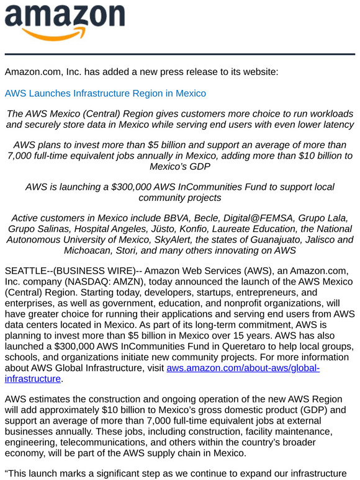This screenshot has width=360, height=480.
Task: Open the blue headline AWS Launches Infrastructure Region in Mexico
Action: (106, 94)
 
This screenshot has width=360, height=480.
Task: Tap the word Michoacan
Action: (88, 250)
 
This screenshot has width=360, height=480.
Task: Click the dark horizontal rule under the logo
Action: (180, 55)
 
